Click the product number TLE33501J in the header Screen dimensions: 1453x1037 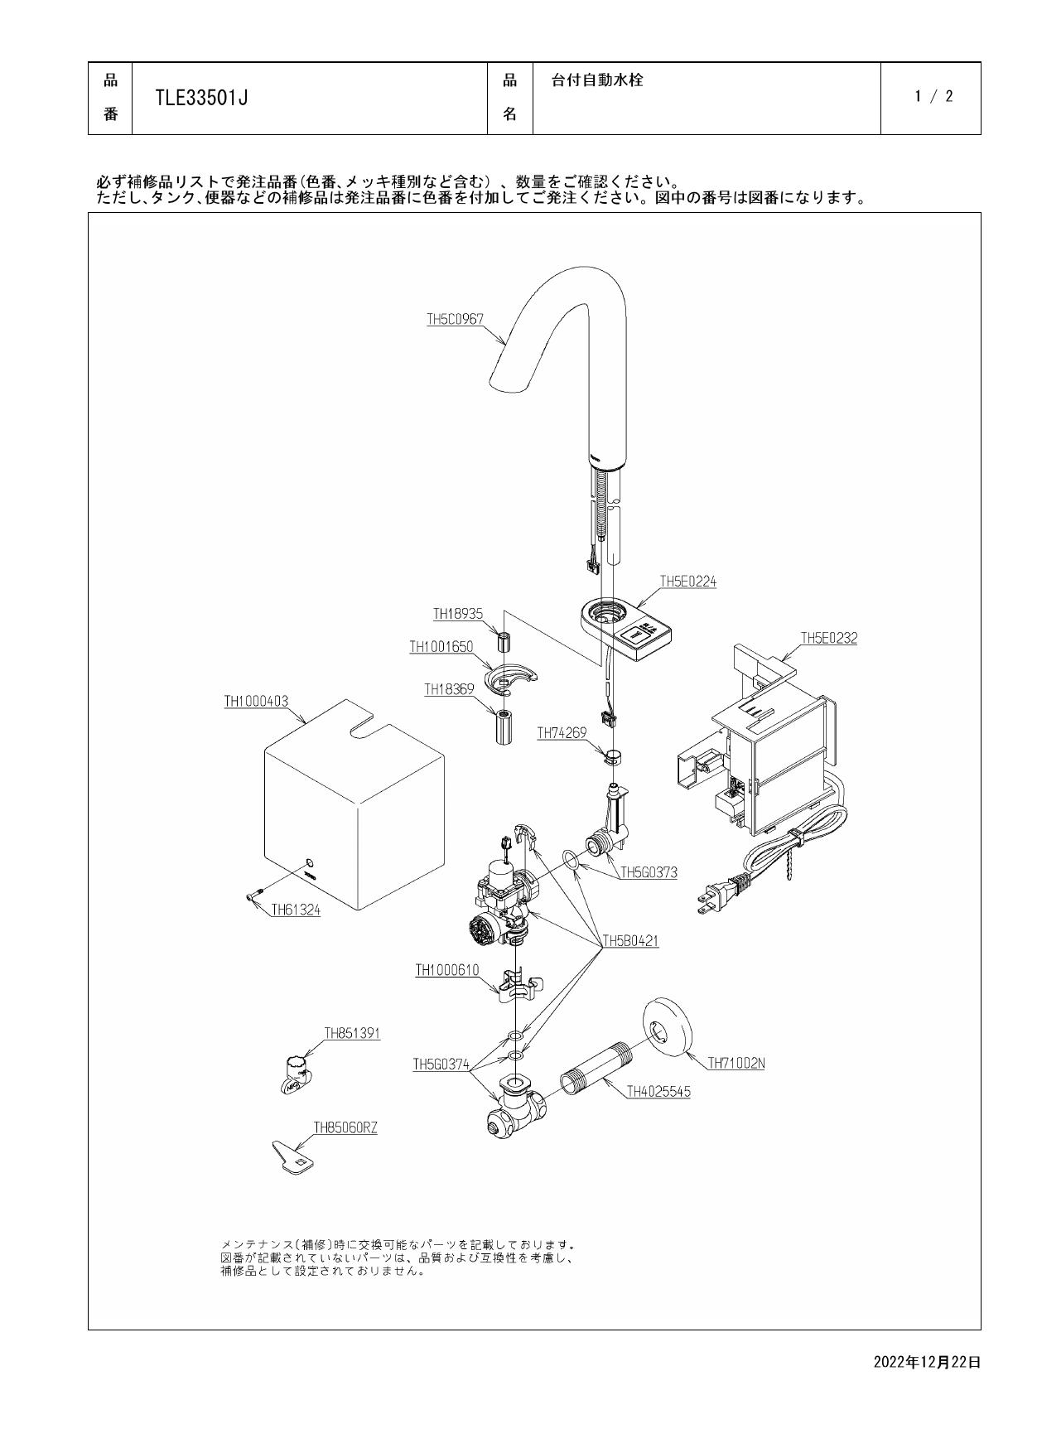tap(202, 99)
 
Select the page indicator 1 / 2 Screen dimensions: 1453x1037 tap(933, 96)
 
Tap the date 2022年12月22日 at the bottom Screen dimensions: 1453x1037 tap(927, 1362)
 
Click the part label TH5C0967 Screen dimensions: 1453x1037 tap(455, 318)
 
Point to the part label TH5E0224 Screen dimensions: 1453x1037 tap(687, 582)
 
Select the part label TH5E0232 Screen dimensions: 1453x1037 tap(828, 638)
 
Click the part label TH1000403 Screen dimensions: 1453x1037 tap(256, 701)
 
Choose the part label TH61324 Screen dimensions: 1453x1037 tap(296, 910)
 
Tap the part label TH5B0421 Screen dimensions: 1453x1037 tap(630, 941)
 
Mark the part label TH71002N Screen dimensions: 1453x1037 tap(736, 1064)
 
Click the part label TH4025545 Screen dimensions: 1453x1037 tap(658, 1092)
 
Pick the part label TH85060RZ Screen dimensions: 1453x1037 tap(345, 1127)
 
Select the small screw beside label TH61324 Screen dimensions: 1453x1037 tap(254, 895)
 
